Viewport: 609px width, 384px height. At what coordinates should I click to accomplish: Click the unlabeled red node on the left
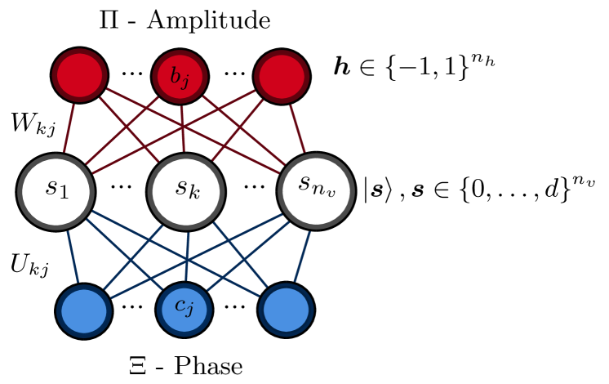click(x=79, y=76)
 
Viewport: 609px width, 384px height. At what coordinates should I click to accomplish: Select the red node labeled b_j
click(x=180, y=77)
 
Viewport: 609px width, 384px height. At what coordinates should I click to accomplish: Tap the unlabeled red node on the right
click(x=281, y=76)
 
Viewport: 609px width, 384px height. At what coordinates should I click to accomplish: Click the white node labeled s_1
click(x=56, y=191)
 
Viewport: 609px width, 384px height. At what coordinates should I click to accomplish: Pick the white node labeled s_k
click(x=186, y=191)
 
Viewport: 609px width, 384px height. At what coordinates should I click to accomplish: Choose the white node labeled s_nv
click(x=316, y=191)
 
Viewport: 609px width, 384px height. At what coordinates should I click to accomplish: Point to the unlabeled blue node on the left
click(x=84, y=310)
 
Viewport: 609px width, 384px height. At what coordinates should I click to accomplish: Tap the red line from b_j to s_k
click(x=182, y=129)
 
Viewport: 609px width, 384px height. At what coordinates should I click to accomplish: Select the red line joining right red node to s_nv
click(x=297, y=128)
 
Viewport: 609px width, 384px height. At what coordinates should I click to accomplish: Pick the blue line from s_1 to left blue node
click(x=73, y=256)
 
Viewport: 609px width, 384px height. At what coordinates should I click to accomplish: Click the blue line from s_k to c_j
click(x=187, y=257)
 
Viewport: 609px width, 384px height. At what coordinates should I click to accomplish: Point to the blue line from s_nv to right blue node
click(x=302, y=256)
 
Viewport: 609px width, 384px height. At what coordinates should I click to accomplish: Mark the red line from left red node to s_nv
click(x=139, y=103)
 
